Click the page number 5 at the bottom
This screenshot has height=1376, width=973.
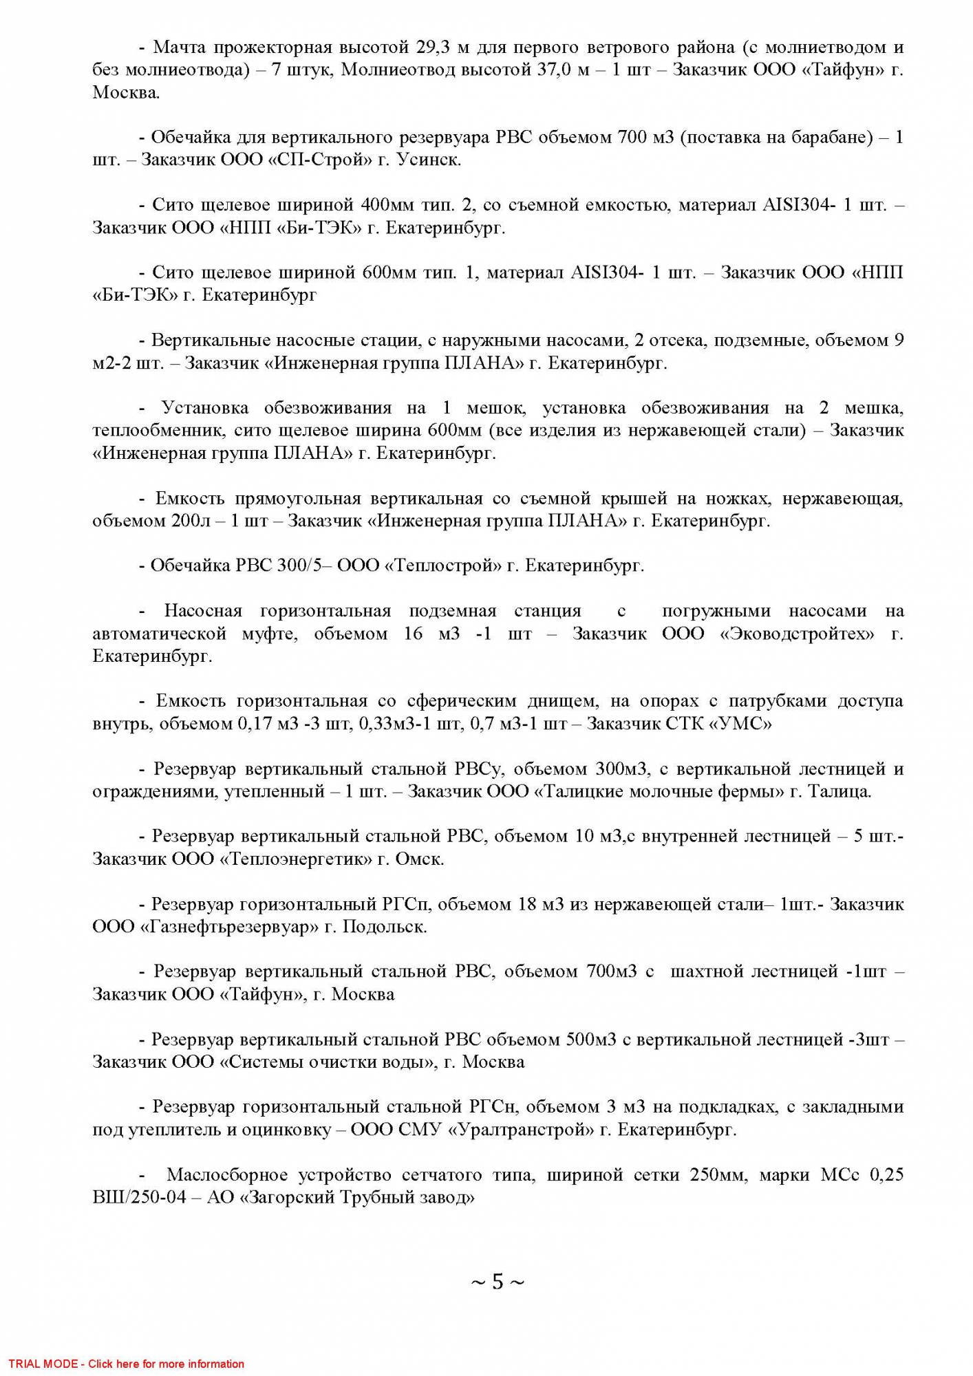tap(497, 1282)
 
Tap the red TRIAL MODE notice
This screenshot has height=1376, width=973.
tap(127, 1364)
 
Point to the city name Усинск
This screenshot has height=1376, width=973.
tap(429, 160)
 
